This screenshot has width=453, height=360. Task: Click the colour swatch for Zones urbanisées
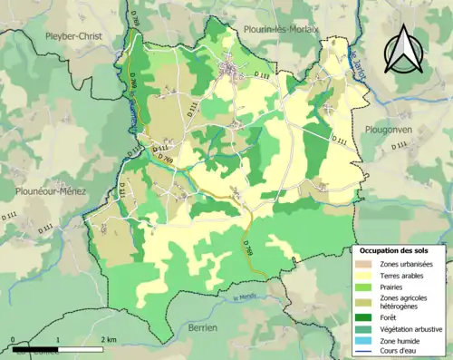[x=366, y=264]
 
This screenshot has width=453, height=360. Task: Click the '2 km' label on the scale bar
[x=108, y=339]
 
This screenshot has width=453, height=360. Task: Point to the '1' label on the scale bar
[x=58, y=339]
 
